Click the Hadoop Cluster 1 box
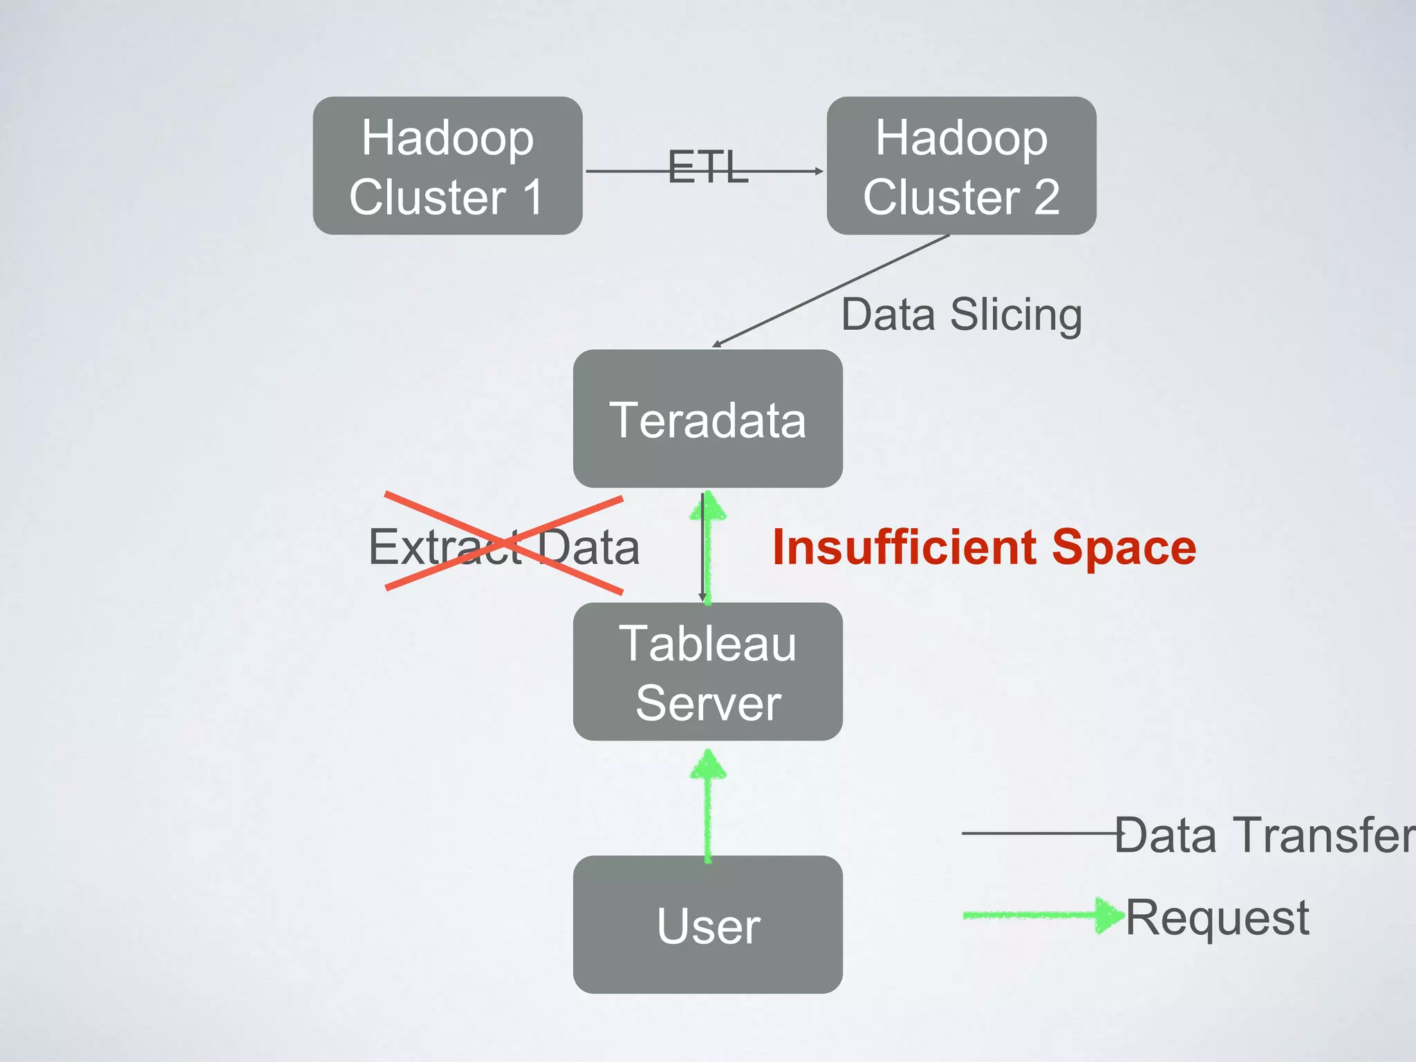447,166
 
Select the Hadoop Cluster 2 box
961,166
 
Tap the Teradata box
707,419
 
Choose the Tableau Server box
707,672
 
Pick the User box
707,925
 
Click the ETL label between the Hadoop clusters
708,167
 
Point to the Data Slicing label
961,315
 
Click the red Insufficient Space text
984,547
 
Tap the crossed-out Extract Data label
504,547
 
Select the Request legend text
1217,917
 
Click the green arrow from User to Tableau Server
707,809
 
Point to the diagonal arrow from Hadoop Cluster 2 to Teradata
830,290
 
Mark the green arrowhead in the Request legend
1109,915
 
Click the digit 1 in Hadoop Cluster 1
532,197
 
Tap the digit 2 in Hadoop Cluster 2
1046,197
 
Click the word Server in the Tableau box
708,703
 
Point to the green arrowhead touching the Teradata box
707,506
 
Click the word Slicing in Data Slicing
1016,315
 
